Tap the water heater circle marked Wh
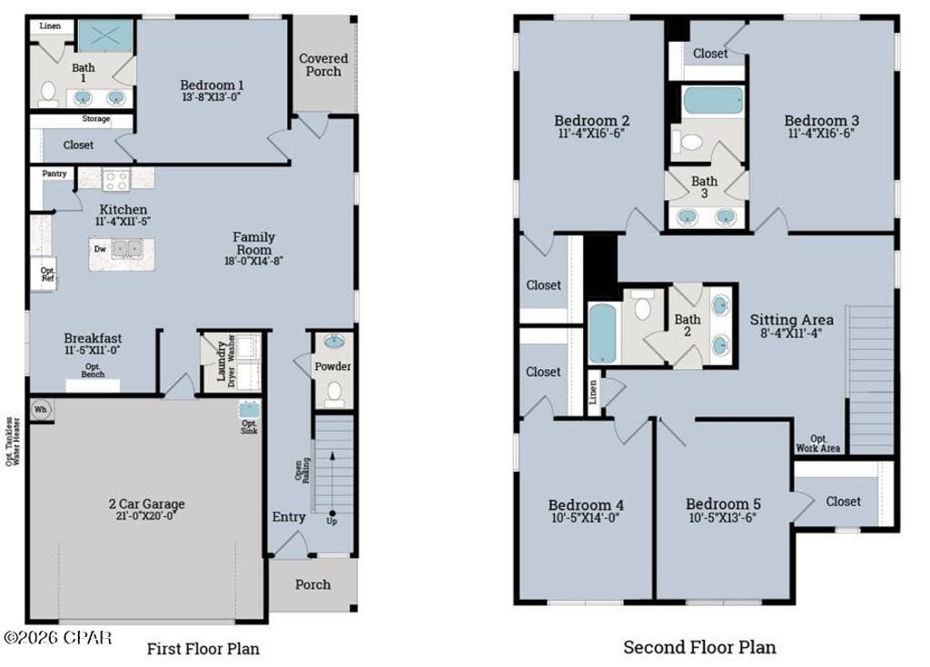tap(41, 409)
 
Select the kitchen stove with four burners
tap(116, 180)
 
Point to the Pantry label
tap(54, 173)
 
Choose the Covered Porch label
tap(323, 65)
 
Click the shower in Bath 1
tap(105, 36)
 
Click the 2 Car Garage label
tap(146, 504)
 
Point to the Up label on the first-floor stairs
tap(332, 521)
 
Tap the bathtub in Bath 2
tap(602, 333)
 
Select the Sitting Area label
tap(791, 320)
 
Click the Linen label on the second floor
tap(594, 393)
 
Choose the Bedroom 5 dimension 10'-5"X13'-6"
tap(722, 519)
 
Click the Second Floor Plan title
tap(698, 647)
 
